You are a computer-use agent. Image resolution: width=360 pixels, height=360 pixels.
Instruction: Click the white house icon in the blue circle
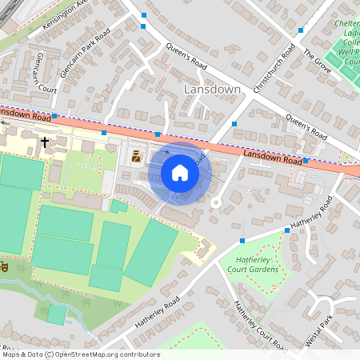point(180,173)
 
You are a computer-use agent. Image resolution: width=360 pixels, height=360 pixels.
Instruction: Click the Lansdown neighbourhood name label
point(212,90)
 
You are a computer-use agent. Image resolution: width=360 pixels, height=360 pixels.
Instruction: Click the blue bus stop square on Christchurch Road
point(234,124)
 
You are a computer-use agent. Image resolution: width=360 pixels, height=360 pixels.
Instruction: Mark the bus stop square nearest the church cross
point(54,114)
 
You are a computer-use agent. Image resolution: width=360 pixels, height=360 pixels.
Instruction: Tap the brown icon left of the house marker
point(136,157)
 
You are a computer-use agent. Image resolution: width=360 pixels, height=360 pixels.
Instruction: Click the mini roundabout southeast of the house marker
point(214,202)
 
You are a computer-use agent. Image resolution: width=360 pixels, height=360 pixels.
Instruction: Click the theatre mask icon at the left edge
point(3,266)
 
